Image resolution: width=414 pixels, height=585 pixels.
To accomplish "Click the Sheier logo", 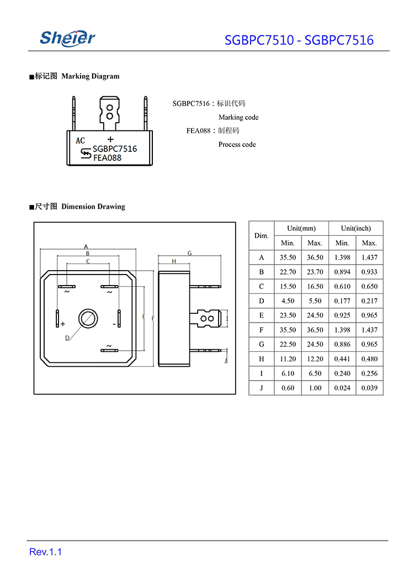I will click(x=67, y=38).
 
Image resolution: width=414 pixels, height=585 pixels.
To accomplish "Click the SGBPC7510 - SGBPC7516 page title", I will click(x=299, y=40).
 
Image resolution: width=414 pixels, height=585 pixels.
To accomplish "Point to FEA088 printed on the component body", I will click(x=107, y=158).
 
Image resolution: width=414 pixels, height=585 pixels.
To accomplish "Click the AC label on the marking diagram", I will click(x=81, y=140).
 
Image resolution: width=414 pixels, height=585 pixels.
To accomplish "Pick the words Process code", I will click(x=237, y=145).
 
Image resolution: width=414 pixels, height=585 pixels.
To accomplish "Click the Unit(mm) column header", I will click(x=301, y=228).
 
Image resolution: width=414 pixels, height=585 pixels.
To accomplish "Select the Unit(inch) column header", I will click(x=355, y=228).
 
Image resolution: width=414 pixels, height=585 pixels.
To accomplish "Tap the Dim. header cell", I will click(x=261, y=236).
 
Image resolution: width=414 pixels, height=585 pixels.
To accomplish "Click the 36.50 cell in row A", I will click(x=315, y=257).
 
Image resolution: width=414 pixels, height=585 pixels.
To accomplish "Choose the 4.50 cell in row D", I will click(x=288, y=301).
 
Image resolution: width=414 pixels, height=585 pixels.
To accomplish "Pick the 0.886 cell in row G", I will click(x=342, y=344).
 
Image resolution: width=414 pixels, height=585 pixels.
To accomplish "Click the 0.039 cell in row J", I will click(x=369, y=388).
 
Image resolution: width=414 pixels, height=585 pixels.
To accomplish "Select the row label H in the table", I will click(x=261, y=359).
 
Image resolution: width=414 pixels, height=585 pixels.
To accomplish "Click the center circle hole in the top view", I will click(x=87, y=318).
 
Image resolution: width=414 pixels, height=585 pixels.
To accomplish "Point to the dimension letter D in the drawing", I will click(x=67, y=338).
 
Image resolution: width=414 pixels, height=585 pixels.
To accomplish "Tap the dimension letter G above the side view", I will click(x=189, y=253).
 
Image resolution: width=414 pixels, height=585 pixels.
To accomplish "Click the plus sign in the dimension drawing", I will click(x=63, y=324).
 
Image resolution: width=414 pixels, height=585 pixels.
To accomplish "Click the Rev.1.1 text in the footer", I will click(x=45, y=552).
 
